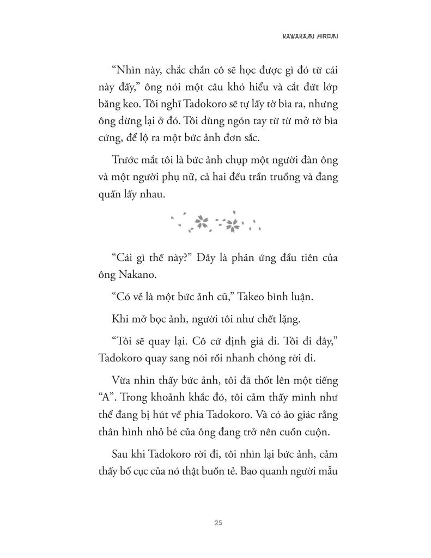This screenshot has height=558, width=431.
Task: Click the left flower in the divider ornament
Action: coord(202,221)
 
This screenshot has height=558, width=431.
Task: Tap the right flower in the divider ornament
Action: coord(233,222)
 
